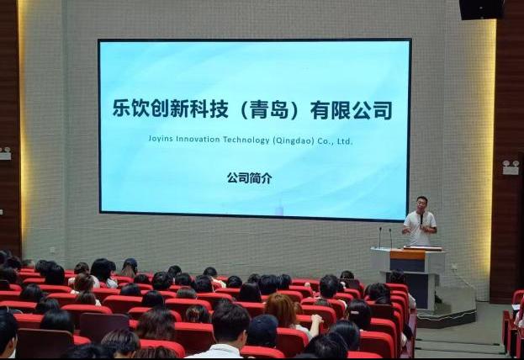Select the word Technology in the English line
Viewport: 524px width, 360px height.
pos(246,140)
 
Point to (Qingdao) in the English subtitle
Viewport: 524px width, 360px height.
pos(294,140)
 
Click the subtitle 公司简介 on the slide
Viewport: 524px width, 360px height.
pos(250,177)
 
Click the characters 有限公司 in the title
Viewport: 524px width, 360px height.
pos(351,110)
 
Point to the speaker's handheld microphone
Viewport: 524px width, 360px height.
pos(421,220)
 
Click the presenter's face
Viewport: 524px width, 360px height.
pos(421,204)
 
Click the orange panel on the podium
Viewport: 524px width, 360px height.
pos(407,256)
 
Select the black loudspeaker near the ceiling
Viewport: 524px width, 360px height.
pos(482,9)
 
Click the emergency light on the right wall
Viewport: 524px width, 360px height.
pos(511,167)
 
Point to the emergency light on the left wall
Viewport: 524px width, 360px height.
pos(5,153)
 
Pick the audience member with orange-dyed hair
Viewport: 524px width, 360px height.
pos(281,310)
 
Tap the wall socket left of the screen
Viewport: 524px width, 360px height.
pos(52,250)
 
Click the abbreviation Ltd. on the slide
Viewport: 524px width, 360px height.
pos(345,141)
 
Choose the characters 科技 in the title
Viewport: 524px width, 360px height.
pos(209,109)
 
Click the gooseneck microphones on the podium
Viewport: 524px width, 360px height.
pos(385,237)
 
